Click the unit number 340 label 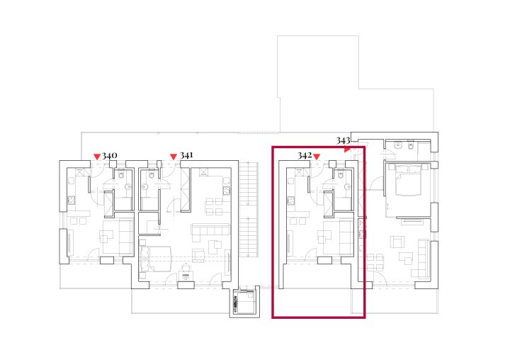tap(110, 156)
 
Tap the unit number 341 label tap(186, 155)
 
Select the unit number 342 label tap(305, 156)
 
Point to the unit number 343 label tap(343, 140)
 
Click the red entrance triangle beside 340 tap(97, 157)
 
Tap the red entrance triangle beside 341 tap(174, 157)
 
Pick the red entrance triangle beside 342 tap(317, 157)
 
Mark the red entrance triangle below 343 tap(347, 150)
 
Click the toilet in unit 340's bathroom tap(121, 175)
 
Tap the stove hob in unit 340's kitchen tap(72, 200)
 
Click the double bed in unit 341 tap(155, 259)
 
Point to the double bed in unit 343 tap(408, 179)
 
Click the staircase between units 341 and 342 tap(249, 209)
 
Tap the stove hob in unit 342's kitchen tap(291, 201)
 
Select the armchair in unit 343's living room tap(397, 242)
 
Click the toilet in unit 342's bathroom tap(341, 175)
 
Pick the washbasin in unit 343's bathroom tap(398, 145)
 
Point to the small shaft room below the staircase tap(244, 302)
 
